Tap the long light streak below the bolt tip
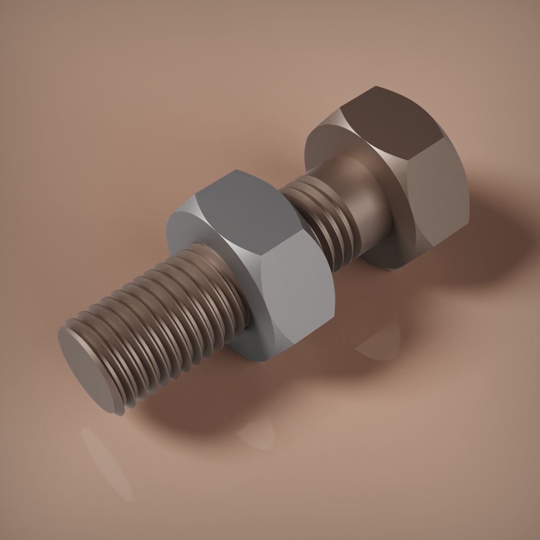click(108, 463)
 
